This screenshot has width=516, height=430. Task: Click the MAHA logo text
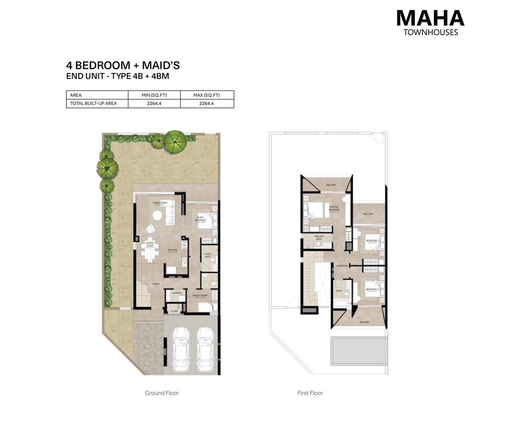(x=430, y=18)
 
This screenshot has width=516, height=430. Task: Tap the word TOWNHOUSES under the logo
(x=430, y=32)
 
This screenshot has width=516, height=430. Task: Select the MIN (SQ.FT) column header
(x=154, y=95)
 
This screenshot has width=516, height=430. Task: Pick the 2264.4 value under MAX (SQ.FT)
(x=207, y=103)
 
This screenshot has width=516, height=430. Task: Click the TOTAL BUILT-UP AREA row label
(x=93, y=103)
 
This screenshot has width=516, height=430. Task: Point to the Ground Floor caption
(x=162, y=393)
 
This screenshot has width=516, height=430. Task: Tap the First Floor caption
(x=310, y=393)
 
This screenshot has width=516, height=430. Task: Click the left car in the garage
(x=181, y=350)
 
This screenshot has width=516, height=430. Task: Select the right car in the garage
(x=204, y=350)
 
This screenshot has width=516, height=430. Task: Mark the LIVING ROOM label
(x=159, y=203)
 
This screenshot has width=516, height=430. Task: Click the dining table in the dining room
(x=150, y=250)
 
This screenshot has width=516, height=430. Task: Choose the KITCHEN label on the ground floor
(x=172, y=250)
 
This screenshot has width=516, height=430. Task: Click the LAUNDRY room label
(x=175, y=293)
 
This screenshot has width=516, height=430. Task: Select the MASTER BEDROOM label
(x=334, y=208)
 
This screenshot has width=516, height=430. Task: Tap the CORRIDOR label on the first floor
(x=341, y=266)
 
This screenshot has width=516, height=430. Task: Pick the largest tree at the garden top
(x=175, y=140)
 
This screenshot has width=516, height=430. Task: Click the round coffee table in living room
(x=157, y=216)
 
